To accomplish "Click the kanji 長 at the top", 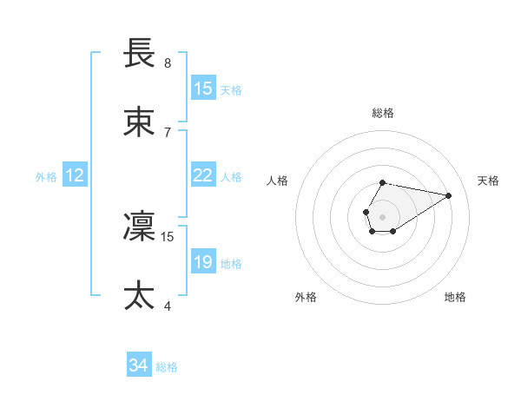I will point(140,54).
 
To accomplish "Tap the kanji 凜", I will point(140,227).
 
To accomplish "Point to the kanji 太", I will point(140,296).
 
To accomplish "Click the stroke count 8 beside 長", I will point(168,63).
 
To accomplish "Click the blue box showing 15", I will point(203,89).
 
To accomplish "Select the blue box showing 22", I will point(203,175).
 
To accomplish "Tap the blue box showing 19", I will point(203,262).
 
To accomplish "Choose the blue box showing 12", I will point(75,175).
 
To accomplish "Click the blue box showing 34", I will point(139,365).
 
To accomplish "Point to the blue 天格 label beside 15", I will point(231,89).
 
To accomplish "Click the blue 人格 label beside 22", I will point(231,176).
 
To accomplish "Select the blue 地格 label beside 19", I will point(231,263).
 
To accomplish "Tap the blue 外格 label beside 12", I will point(46,176).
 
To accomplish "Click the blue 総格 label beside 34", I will point(167,366).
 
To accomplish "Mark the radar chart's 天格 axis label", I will point(489,181).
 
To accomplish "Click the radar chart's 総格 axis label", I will point(383,113).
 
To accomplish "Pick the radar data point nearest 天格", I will point(449,194).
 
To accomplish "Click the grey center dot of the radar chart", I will point(382,215).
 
